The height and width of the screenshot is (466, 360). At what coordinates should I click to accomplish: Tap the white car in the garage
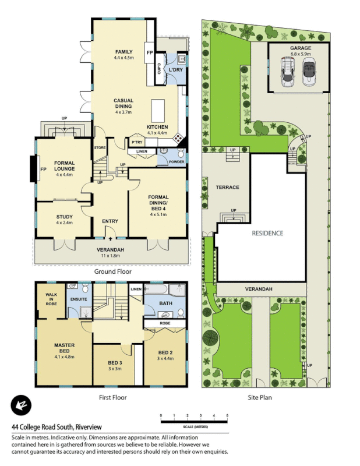(x=287, y=73)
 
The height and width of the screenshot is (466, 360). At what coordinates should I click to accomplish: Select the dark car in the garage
(x=309, y=73)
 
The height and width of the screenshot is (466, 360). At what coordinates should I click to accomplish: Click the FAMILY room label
(x=123, y=52)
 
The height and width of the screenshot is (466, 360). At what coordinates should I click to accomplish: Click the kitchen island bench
(x=157, y=110)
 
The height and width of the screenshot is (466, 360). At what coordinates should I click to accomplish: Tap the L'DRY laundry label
(x=176, y=70)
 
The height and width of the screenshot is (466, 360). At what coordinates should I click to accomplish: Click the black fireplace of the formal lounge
(x=33, y=169)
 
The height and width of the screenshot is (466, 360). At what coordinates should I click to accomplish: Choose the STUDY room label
(x=65, y=217)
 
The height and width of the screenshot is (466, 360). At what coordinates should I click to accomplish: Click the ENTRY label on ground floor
(x=110, y=221)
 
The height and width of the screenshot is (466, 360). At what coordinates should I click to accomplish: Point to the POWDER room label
(x=177, y=162)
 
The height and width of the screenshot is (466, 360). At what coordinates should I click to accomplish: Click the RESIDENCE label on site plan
(x=267, y=233)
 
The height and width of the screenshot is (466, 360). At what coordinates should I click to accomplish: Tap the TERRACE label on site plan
(x=228, y=188)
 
